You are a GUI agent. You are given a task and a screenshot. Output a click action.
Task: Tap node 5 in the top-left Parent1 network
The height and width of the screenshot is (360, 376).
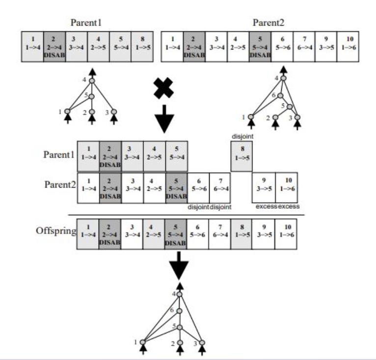coord(91,96)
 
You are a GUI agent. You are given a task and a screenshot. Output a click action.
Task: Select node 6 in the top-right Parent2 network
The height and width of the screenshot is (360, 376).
coord(280,96)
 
